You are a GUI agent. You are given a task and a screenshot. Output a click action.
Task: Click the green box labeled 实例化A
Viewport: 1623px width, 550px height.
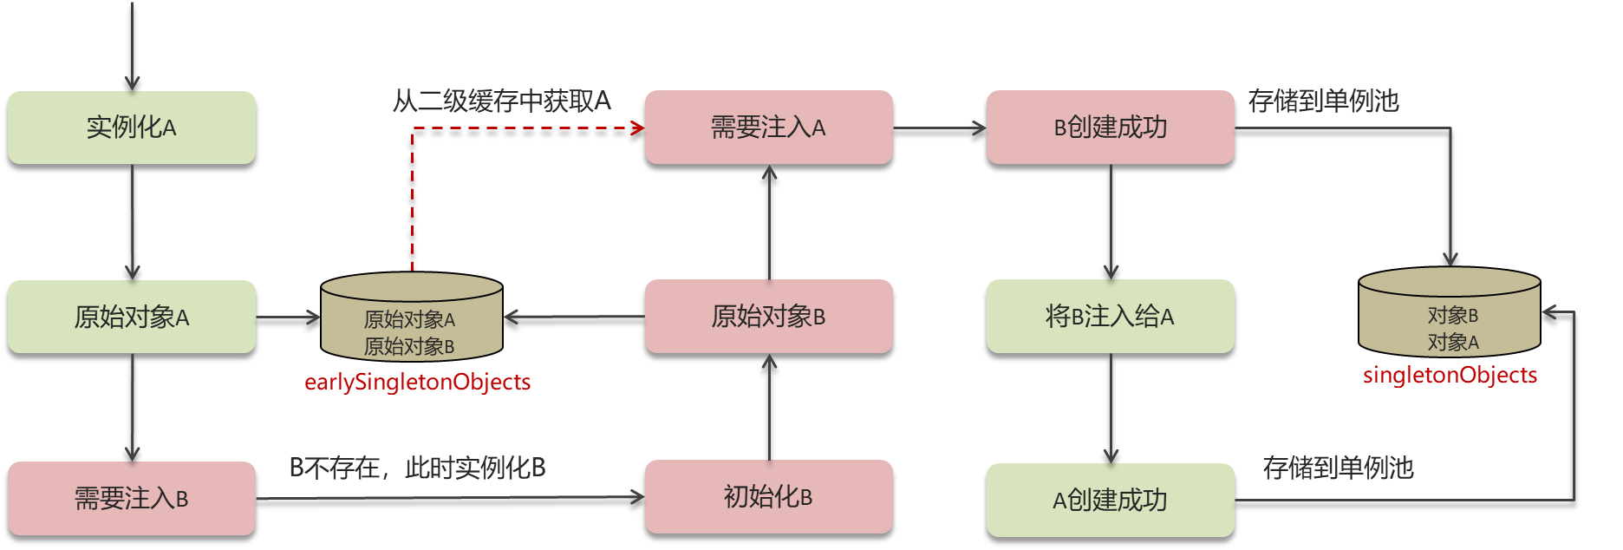coord(132,128)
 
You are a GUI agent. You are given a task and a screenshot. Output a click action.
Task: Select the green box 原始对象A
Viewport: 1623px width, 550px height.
coord(132,317)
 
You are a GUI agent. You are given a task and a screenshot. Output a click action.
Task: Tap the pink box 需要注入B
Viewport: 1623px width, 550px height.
coord(132,498)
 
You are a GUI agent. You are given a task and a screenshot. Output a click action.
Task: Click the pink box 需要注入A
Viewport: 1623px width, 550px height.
coord(768,128)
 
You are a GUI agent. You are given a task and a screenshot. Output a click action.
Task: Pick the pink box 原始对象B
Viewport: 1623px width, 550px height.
coord(768,317)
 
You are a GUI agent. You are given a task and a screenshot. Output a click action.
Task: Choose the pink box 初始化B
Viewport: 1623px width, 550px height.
coord(768,497)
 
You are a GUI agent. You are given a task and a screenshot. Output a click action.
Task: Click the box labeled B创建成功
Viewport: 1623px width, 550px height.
coord(1110,128)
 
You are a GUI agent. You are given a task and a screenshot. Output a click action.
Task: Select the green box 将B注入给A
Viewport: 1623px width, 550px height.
coord(1110,317)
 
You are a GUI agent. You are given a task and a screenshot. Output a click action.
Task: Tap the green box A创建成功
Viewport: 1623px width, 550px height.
coord(1110,500)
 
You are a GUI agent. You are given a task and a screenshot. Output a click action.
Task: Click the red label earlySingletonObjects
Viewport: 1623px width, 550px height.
coord(417,382)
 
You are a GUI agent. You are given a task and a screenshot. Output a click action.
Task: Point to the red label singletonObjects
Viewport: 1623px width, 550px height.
coord(1450,375)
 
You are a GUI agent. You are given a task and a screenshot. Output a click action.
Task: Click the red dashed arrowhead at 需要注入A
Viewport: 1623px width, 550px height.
coord(639,128)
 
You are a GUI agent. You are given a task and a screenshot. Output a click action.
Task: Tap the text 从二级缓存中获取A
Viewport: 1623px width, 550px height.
coord(502,101)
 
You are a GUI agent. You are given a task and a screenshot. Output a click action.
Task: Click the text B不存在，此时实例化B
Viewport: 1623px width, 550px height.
coord(417,468)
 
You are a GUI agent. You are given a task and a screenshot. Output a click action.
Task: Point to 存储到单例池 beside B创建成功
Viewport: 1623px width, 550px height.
coord(1323,101)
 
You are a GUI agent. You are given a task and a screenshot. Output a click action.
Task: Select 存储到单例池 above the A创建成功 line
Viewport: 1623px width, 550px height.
coord(1338,468)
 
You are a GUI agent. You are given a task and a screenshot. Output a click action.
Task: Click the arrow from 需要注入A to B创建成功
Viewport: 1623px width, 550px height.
coord(940,128)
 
